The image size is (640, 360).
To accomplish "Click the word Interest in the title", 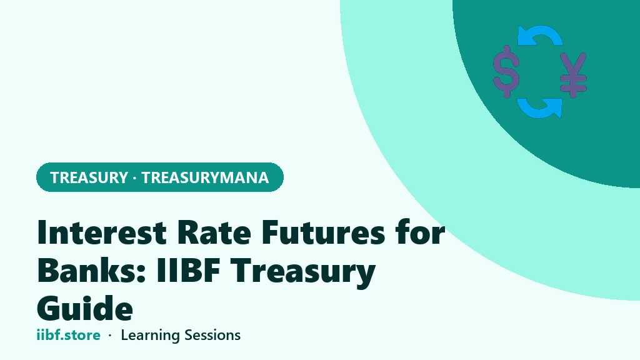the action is pyautogui.click(x=102, y=232).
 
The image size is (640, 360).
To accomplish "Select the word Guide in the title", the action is pyautogui.click(x=85, y=308).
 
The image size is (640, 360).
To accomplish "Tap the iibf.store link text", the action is pyautogui.click(x=68, y=335).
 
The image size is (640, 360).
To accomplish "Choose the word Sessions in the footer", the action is pyautogui.click(x=212, y=335).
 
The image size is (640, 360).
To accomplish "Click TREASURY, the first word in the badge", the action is pyautogui.click(x=89, y=177).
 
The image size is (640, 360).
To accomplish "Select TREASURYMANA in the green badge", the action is pyautogui.click(x=205, y=177).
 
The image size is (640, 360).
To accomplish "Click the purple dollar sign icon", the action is pyautogui.click(x=506, y=71).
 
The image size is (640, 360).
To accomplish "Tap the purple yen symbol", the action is pyautogui.click(x=573, y=75).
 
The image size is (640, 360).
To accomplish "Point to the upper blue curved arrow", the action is pyautogui.click(x=539, y=34).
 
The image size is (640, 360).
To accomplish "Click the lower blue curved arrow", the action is pyautogui.click(x=539, y=109).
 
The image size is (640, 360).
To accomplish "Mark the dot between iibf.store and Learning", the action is pyautogui.click(x=110, y=336).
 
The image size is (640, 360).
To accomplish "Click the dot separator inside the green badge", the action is pyautogui.click(x=135, y=178).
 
